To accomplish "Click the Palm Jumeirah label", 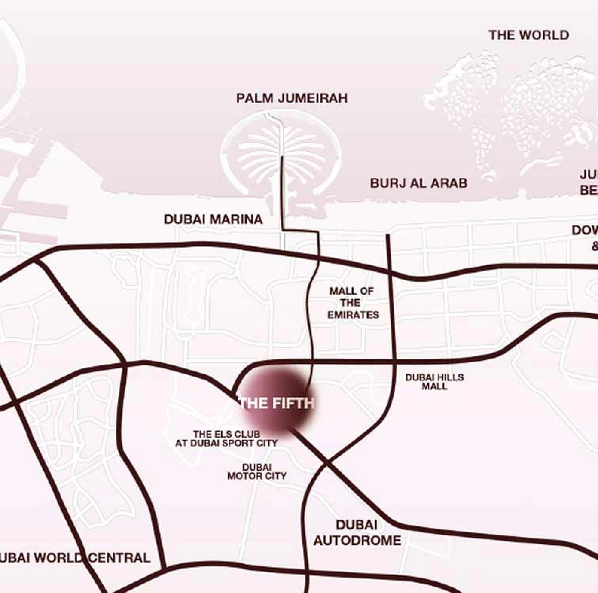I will click(x=292, y=98).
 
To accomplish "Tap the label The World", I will click(x=528, y=35).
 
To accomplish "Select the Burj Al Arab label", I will click(x=418, y=183).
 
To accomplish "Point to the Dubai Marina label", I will click(x=213, y=219).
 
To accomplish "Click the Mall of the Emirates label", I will click(x=353, y=303).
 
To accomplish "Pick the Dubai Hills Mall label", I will click(x=434, y=382).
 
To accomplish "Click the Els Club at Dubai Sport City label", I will click(x=226, y=438).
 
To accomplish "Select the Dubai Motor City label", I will click(x=256, y=471).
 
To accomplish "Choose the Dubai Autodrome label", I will click(x=357, y=532).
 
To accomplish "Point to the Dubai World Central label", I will click(x=73, y=558).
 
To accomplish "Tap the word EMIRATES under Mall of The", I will click(x=353, y=315).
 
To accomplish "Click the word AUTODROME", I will click(x=357, y=540).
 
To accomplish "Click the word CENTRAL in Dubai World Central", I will click(x=119, y=558).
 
